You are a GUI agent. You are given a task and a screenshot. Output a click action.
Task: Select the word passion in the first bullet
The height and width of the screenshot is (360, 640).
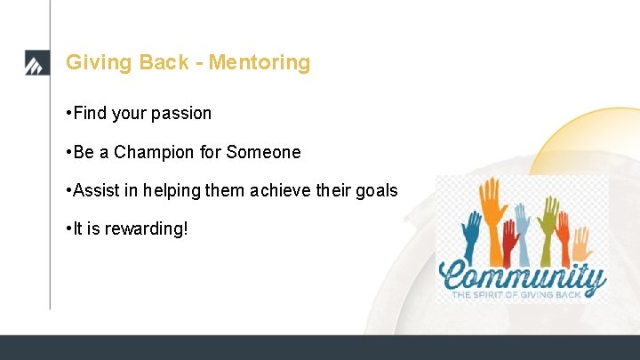[x=181, y=114]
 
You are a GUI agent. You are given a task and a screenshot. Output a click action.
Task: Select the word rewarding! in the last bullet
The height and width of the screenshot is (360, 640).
[x=147, y=229]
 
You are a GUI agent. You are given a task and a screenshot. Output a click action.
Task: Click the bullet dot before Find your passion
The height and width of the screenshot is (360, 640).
[x=68, y=114]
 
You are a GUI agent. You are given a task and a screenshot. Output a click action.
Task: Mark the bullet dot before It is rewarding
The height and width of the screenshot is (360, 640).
[x=68, y=229]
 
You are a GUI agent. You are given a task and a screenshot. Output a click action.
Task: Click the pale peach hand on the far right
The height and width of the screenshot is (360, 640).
[x=580, y=242]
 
